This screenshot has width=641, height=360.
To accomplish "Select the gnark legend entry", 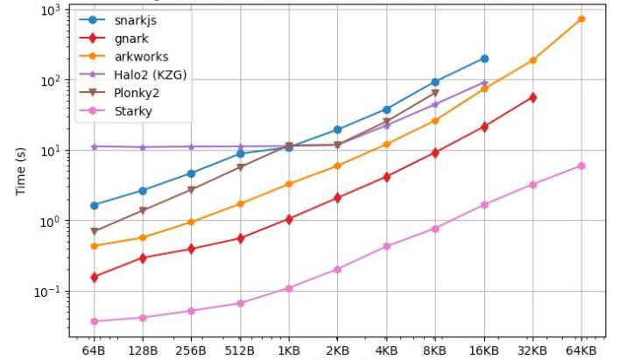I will coord(131,39).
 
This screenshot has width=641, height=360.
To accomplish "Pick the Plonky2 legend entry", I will coord(137,93).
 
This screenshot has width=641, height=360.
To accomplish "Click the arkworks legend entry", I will coord(141,57).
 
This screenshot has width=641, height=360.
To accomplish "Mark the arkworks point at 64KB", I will coord(581,18).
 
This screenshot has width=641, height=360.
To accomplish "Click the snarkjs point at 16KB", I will coord(483,59).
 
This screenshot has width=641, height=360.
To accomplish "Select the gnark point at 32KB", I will coord(532,97).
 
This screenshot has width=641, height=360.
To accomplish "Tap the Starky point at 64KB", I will coord(581,166).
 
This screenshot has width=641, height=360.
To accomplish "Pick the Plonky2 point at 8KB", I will coord(435,93).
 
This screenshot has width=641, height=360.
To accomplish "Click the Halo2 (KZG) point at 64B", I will coord(94,146).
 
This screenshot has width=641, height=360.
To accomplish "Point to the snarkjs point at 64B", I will coord(94,205).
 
